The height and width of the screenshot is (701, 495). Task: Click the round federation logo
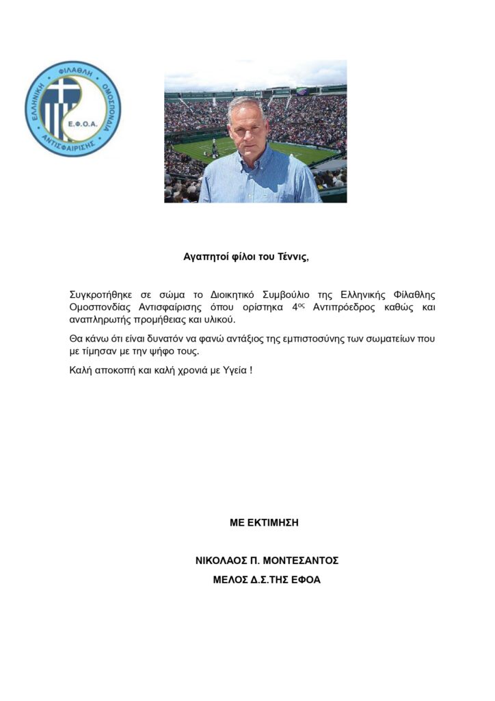(72, 109)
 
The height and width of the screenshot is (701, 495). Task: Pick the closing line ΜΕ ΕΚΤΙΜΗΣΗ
(264, 523)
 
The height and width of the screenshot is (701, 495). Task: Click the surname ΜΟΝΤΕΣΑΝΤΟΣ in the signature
(299, 561)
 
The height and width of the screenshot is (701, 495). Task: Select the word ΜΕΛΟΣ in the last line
(233, 580)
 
